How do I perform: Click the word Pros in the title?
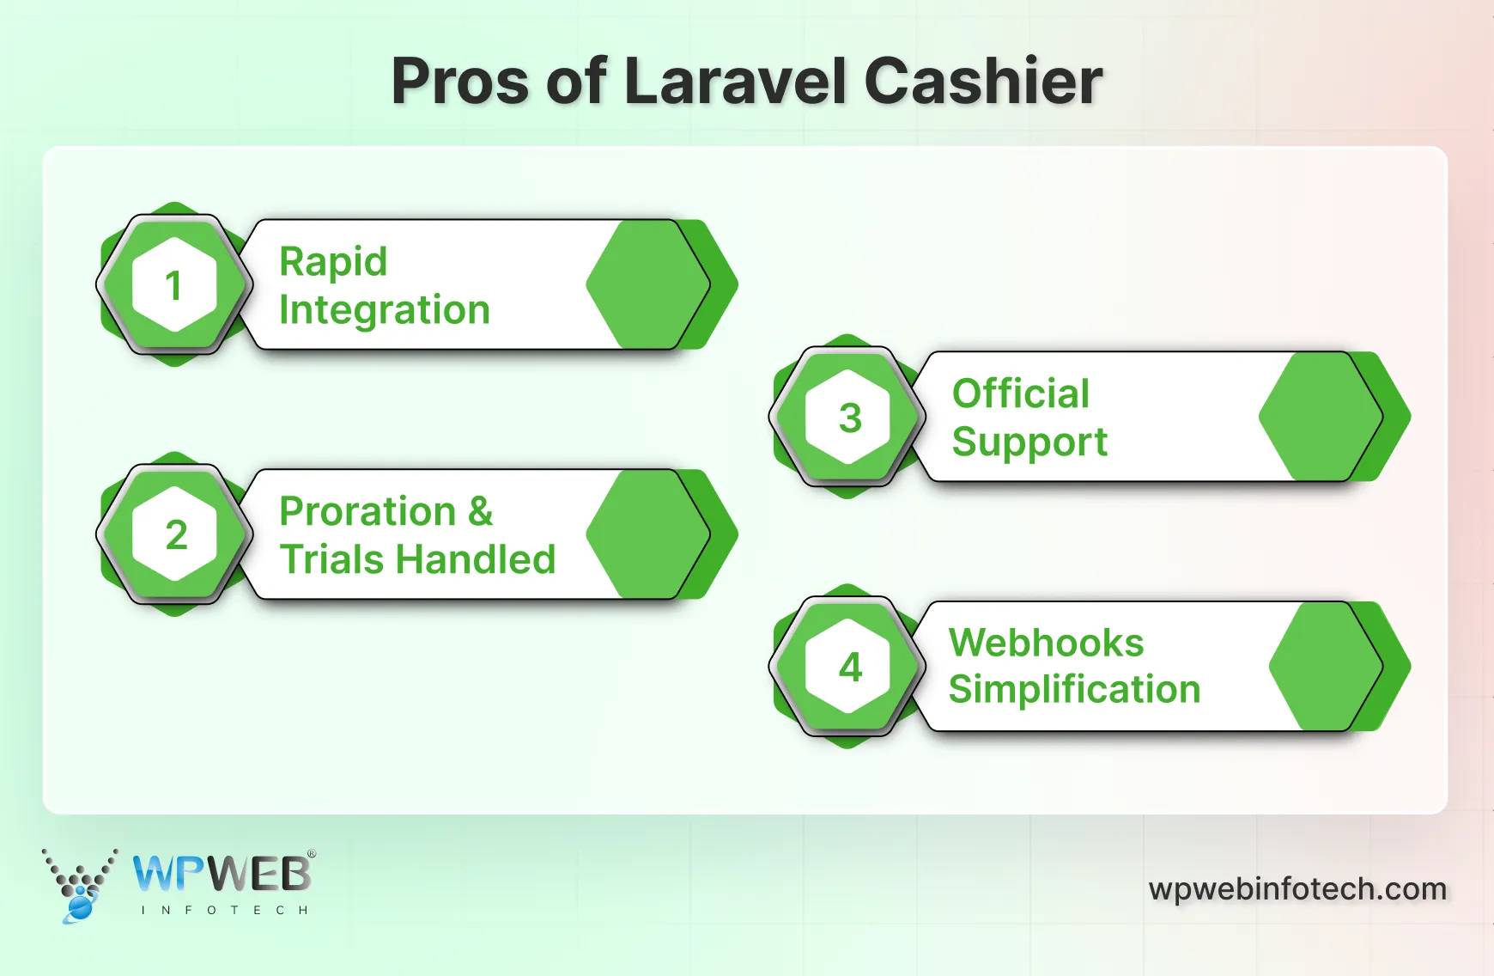pyautogui.click(x=459, y=82)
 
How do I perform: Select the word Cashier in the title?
pyautogui.click(x=982, y=82)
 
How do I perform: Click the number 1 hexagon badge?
pyautogui.click(x=174, y=285)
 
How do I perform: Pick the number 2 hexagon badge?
pyautogui.click(x=174, y=535)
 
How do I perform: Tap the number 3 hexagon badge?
pyautogui.click(x=848, y=418)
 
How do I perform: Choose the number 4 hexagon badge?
pyautogui.click(x=848, y=667)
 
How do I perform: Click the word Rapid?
pyautogui.click(x=333, y=262)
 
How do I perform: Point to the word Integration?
pyautogui.click(x=384, y=310)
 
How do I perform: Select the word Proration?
pyautogui.click(x=367, y=512)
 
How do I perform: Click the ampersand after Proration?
pyautogui.click(x=481, y=512)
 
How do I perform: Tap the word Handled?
pyautogui.click(x=475, y=560)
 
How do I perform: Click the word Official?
pyautogui.click(x=1020, y=394)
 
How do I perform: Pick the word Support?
pyautogui.click(x=1029, y=442)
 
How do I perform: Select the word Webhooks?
pyautogui.click(x=1046, y=643)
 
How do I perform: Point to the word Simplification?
pyautogui.click(x=1073, y=690)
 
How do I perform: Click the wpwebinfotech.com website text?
pyautogui.click(x=1297, y=889)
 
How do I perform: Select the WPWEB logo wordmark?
pyautogui.click(x=222, y=875)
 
